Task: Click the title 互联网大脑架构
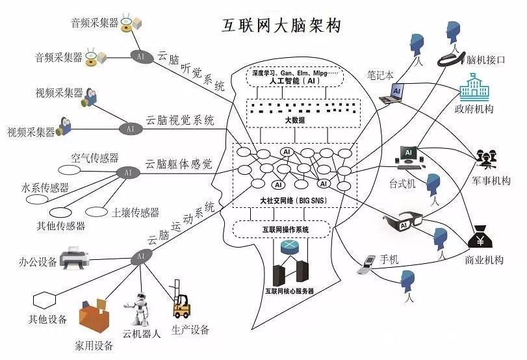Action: click(282, 25)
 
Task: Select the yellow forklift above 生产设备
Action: click(181, 301)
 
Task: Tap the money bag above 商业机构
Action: click(482, 237)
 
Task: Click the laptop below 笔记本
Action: click(392, 94)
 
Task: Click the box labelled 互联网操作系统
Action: click(281, 229)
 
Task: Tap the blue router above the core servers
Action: click(289, 248)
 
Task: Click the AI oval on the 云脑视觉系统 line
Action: click(131, 129)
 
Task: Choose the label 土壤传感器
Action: click(135, 212)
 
